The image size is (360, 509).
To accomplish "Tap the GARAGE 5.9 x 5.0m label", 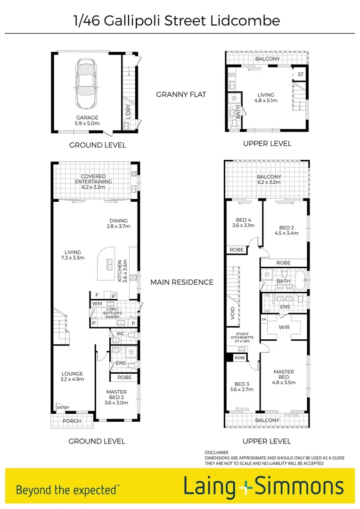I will [x=88, y=121].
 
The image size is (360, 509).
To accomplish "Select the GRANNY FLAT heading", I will [x=181, y=94].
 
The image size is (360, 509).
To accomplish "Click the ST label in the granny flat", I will [x=300, y=75].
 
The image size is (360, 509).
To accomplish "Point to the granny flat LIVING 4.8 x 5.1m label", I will [x=266, y=97].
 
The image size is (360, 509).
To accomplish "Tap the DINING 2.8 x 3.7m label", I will [x=118, y=223].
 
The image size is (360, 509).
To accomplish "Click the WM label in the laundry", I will [x=97, y=304].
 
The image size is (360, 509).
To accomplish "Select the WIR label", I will [x=284, y=328].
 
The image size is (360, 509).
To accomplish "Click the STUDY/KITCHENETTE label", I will [x=242, y=337].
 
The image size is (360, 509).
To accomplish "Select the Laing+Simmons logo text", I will [x=263, y=487].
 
